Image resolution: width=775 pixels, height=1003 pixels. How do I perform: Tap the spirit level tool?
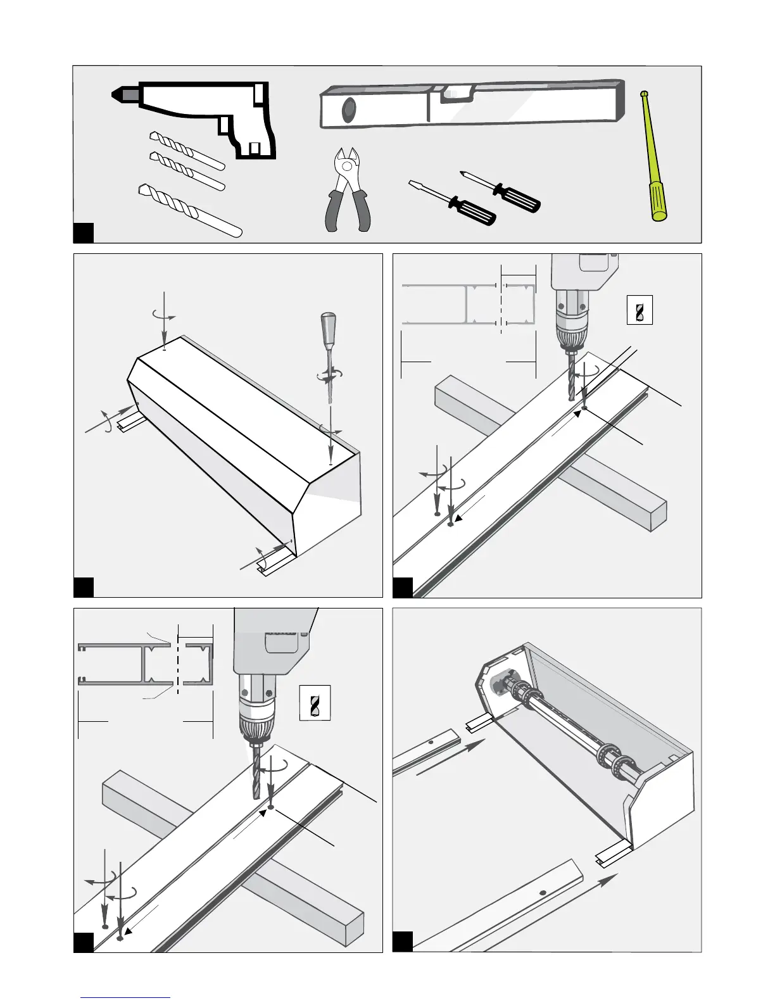tap(472, 103)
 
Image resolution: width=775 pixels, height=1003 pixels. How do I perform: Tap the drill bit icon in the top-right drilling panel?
tap(639, 310)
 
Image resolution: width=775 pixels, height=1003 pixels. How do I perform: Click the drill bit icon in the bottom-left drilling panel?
tap(314, 703)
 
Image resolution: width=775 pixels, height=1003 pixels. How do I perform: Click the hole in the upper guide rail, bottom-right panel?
tap(431, 741)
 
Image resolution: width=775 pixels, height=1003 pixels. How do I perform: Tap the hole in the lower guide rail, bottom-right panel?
tap(543, 892)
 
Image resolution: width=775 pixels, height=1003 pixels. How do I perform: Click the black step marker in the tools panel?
tap(84, 232)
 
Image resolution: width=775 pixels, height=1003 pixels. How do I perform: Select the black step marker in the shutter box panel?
tap(84, 587)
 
